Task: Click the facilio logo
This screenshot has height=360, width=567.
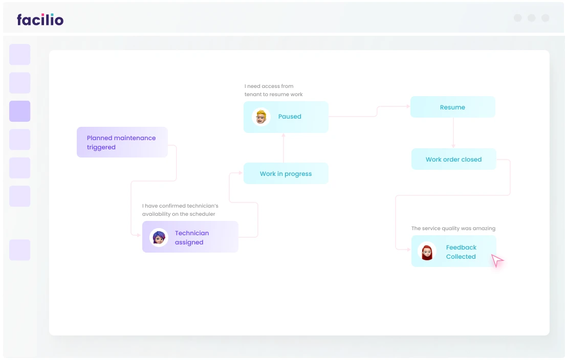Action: click(40, 19)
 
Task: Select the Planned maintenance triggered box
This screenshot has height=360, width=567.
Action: click(122, 142)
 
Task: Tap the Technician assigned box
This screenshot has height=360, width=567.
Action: click(190, 237)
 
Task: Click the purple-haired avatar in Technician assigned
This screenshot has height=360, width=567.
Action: click(159, 237)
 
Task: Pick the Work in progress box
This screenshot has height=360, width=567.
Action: click(286, 173)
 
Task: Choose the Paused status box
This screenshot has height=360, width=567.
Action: click(286, 117)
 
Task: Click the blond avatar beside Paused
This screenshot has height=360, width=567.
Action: click(261, 117)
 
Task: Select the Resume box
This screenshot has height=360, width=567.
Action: click(452, 107)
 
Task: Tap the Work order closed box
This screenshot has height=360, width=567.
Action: click(453, 159)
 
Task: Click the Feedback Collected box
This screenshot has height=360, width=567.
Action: click(453, 251)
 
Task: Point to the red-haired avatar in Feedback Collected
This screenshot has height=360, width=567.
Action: click(427, 252)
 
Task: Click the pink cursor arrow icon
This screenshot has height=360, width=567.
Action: click(497, 260)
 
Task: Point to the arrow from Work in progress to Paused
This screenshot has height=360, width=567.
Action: click(283, 148)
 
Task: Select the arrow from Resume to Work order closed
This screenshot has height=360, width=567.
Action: click(453, 133)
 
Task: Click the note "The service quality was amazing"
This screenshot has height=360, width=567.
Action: click(453, 229)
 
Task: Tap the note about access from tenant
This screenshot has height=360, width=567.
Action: click(273, 90)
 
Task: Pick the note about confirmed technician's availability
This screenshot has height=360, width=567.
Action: click(180, 210)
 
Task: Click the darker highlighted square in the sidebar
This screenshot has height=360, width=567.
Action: click(19, 111)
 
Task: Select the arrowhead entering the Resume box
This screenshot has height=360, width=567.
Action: click(408, 106)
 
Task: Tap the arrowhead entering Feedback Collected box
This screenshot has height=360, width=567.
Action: click(408, 250)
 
